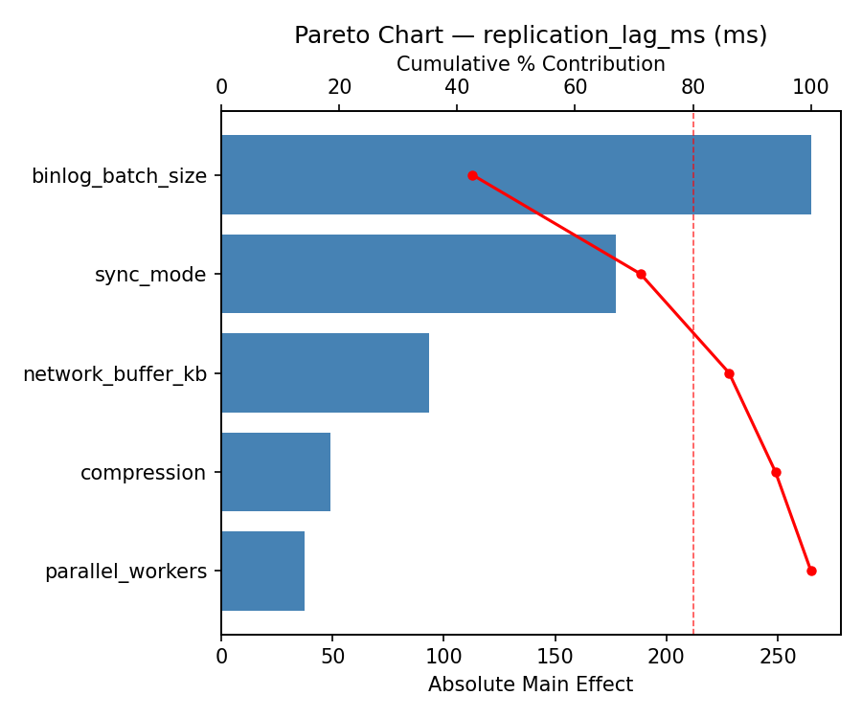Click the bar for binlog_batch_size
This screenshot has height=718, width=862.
(516, 175)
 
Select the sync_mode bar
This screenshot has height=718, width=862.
(419, 274)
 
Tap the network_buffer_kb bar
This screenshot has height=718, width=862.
(325, 373)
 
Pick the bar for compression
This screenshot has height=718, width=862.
(276, 472)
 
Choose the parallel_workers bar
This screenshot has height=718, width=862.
(262, 571)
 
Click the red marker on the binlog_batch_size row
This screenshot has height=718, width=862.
(472, 175)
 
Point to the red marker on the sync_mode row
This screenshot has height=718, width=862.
(641, 274)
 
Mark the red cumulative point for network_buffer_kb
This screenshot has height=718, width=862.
(729, 373)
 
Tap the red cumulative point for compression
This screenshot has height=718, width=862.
(776, 472)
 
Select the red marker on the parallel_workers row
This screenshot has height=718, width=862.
(811, 571)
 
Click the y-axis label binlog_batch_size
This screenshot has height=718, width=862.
(119, 176)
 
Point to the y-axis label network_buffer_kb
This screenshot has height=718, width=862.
(115, 374)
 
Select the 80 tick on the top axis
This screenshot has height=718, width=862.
(693, 87)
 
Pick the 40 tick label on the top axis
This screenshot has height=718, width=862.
(457, 87)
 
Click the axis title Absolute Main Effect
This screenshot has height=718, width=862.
(531, 684)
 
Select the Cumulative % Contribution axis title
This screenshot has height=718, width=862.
(531, 64)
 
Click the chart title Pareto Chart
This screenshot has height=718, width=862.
(531, 35)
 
